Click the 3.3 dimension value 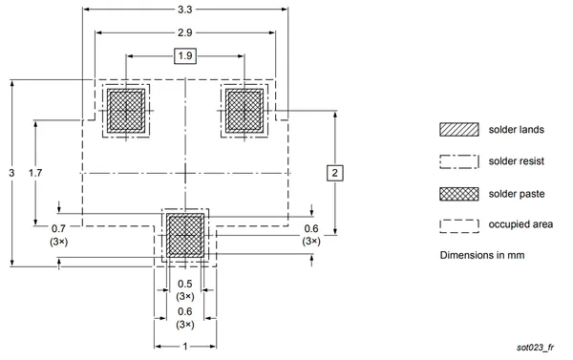click(x=185, y=10)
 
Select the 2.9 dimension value click(x=185, y=32)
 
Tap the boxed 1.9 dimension click(x=185, y=56)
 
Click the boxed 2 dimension click(x=335, y=173)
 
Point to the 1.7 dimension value click(x=35, y=173)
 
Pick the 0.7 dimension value click(x=58, y=229)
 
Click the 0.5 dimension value click(x=185, y=284)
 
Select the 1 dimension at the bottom click(x=185, y=346)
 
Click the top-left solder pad click(x=126, y=111)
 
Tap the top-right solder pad click(x=244, y=111)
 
